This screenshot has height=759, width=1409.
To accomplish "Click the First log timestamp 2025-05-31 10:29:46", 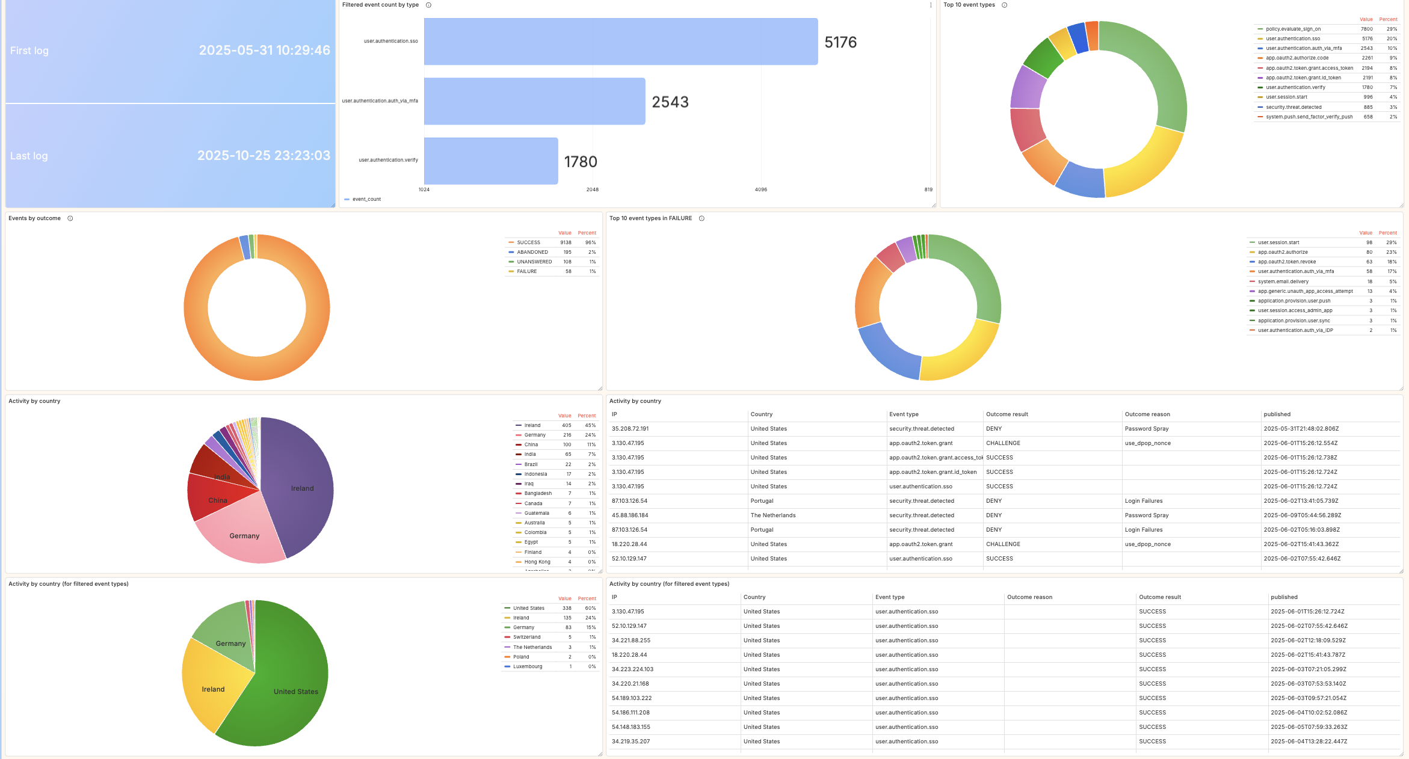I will [264, 51].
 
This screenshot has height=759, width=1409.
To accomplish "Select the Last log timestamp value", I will [264, 156].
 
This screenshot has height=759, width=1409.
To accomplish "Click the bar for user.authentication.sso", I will [620, 41].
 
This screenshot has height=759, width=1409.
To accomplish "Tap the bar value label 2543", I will [670, 102].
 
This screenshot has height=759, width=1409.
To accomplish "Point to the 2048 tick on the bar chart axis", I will [592, 189].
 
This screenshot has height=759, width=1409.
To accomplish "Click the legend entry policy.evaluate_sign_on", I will [1293, 29].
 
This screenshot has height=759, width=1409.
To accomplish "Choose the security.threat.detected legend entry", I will [1293, 107].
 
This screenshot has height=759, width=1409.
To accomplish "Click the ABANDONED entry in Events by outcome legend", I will [532, 252].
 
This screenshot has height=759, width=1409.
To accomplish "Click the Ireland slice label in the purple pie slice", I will [302, 488].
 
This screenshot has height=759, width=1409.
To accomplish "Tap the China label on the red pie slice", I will [218, 500].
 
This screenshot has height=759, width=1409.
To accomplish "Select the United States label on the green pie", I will [295, 692].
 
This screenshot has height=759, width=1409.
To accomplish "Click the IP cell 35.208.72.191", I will [630, 429].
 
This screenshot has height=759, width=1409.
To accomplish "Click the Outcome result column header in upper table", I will [1007, 414].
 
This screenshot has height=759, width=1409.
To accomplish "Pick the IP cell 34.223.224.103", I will [632, 669].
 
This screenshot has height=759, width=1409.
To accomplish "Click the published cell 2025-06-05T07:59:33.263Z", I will [1309, 727].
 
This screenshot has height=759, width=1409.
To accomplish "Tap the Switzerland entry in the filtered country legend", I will [526, 637].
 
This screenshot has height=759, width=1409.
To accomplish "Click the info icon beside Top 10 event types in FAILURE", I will [701, 218].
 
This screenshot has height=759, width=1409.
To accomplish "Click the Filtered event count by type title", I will [380, 5].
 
